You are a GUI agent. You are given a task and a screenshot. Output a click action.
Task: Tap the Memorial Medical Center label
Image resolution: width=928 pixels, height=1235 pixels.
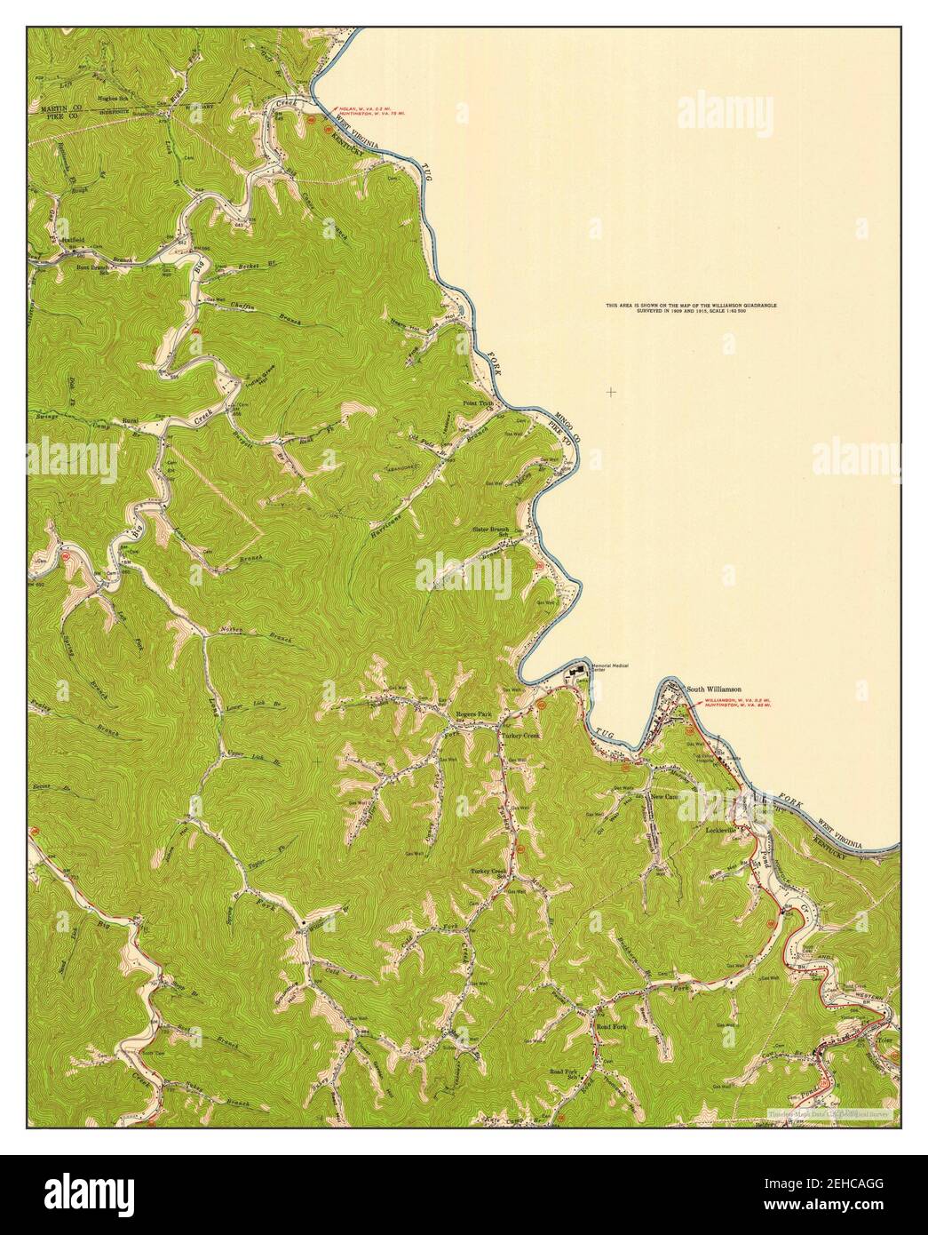[608, 668]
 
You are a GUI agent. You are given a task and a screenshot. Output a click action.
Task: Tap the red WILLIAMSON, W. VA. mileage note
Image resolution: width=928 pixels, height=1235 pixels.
[736, 703]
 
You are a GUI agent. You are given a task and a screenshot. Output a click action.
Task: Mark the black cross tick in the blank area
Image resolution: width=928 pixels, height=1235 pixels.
[611, 392]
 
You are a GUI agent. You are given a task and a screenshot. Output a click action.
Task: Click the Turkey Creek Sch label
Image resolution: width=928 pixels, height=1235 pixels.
[488, 872]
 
